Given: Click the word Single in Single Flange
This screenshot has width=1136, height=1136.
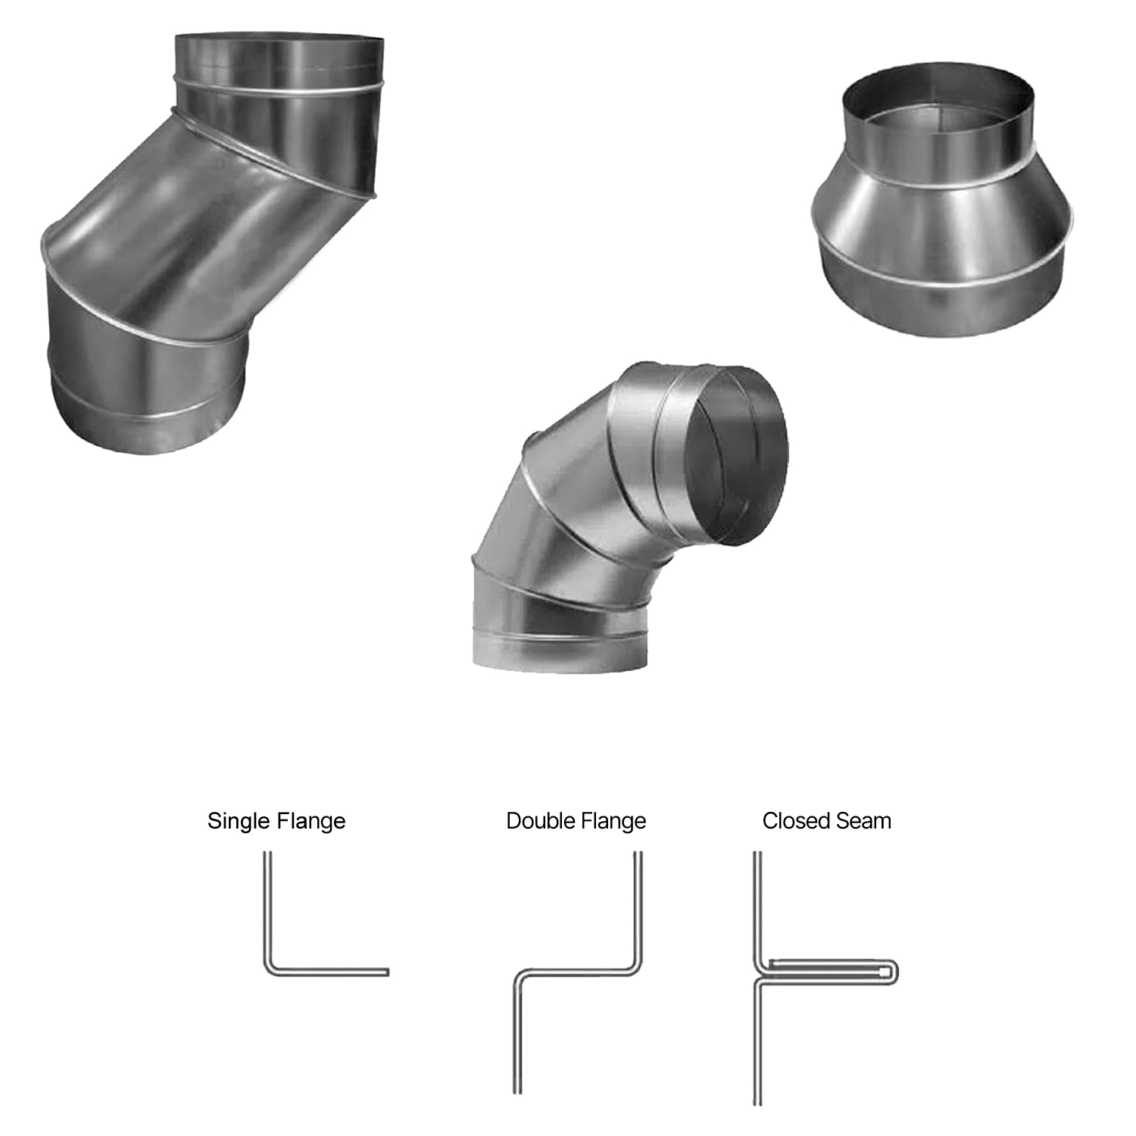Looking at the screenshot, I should pos(238,822).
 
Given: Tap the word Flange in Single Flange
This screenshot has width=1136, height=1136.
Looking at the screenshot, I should pos(311,822).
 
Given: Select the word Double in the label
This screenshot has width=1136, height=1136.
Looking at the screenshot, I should pos(538,822).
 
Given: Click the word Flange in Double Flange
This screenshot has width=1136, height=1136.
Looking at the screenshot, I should pos(612,822).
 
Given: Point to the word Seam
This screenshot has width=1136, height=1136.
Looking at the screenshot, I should pos(863,821).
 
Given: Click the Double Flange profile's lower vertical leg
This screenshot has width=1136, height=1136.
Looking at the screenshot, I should pos(517,1038).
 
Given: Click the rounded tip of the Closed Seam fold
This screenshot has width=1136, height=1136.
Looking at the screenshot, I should pos(896,972).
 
